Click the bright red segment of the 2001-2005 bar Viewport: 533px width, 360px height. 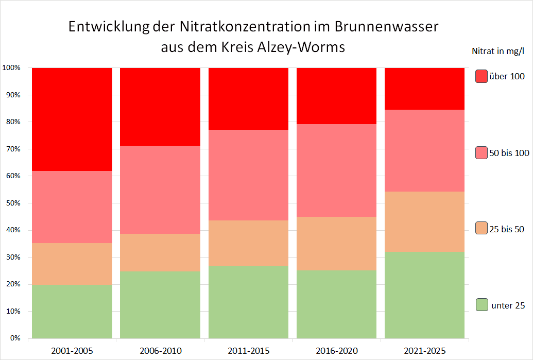[72, 119]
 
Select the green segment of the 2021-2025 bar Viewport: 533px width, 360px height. [424, 295]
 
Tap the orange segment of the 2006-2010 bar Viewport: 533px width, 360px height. [160, 252]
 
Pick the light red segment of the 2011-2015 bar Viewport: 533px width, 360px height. [248, 175]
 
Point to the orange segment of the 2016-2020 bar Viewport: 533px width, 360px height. [336, 244]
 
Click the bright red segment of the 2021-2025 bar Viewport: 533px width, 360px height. [424, 89]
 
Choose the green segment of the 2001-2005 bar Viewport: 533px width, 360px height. [72, 312]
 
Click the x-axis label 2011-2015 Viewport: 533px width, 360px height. [248, 351]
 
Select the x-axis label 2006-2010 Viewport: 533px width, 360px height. [160, 351]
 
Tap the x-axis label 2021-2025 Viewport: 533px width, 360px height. [424, 351]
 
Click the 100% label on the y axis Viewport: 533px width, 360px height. [11, 68]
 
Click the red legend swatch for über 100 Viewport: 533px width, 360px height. [482, 76]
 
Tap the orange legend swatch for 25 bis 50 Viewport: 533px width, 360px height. [482, 229]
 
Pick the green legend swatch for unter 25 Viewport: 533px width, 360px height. [482, 305]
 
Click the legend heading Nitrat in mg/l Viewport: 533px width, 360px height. [497, 51]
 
